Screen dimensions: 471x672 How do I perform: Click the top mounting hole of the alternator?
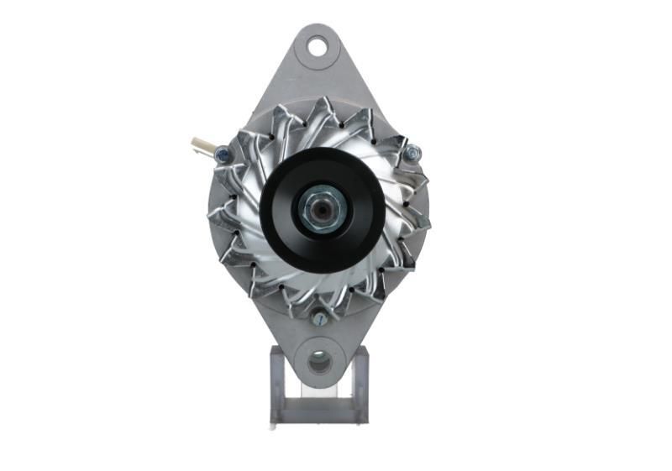tap(317, 46)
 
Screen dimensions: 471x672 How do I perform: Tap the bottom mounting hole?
tap(319, 363)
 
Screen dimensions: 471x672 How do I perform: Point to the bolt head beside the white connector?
tap(222, 154)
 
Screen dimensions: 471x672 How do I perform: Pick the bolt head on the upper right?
tap(412, 153)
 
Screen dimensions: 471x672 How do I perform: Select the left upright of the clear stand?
tap(276, 382)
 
